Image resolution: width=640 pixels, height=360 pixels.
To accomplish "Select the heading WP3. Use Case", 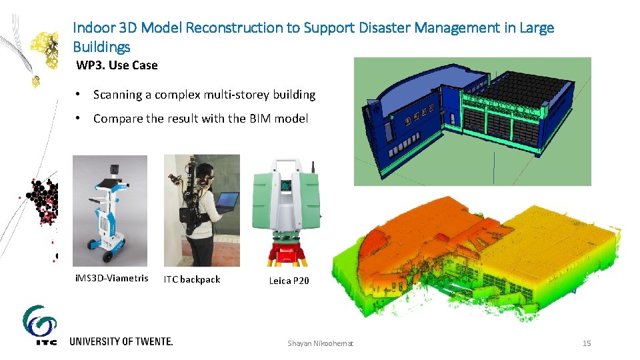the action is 117,65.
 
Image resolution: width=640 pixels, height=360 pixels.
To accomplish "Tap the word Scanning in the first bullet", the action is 122,95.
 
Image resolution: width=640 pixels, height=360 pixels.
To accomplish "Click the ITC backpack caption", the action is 192,279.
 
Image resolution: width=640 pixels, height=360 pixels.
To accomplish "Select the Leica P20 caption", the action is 289,281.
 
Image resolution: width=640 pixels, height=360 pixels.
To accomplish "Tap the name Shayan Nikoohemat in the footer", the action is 321,343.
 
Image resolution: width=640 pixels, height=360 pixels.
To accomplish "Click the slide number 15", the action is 587,343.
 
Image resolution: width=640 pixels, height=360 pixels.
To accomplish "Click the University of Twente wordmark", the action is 121,341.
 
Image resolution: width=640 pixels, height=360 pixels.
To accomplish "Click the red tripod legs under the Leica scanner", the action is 288,257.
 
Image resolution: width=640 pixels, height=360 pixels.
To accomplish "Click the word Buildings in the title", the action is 101,47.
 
